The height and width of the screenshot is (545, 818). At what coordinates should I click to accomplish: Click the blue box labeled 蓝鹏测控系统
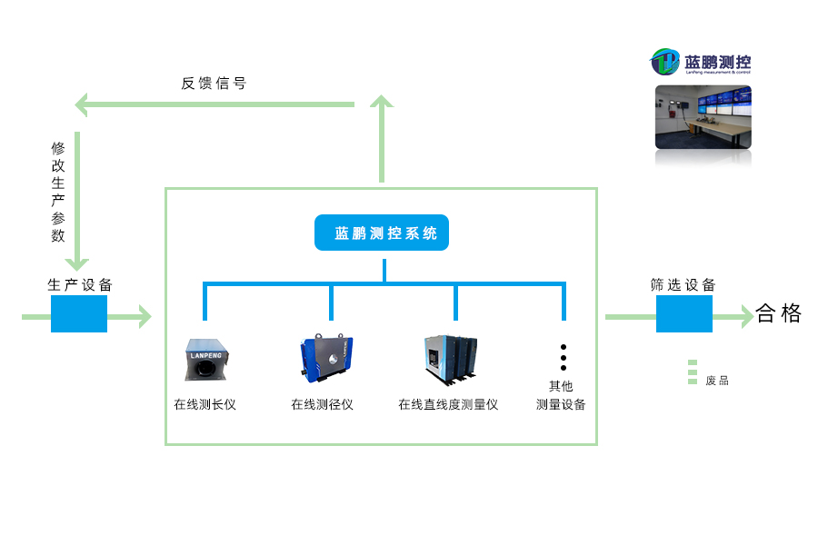coord(382,233)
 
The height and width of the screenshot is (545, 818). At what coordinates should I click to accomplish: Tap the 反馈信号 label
coord(214,84)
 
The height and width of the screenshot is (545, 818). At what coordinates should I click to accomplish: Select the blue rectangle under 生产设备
coord(79,314)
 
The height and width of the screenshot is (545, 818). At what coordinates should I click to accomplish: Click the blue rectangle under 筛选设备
coord(683,314)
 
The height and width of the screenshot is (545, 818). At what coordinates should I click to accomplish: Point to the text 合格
coord(779,314)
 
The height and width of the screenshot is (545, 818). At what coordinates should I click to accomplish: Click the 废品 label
coord(717,381)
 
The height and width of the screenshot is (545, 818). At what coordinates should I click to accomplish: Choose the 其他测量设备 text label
coord(561,395)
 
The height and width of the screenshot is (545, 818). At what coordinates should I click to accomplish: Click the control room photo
coord(703,117)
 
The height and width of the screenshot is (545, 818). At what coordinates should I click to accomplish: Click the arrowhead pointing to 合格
coord(746,316)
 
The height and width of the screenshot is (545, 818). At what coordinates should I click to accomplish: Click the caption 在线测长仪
coord(204,404)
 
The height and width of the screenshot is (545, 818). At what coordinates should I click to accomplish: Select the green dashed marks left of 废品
coord(693,372)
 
